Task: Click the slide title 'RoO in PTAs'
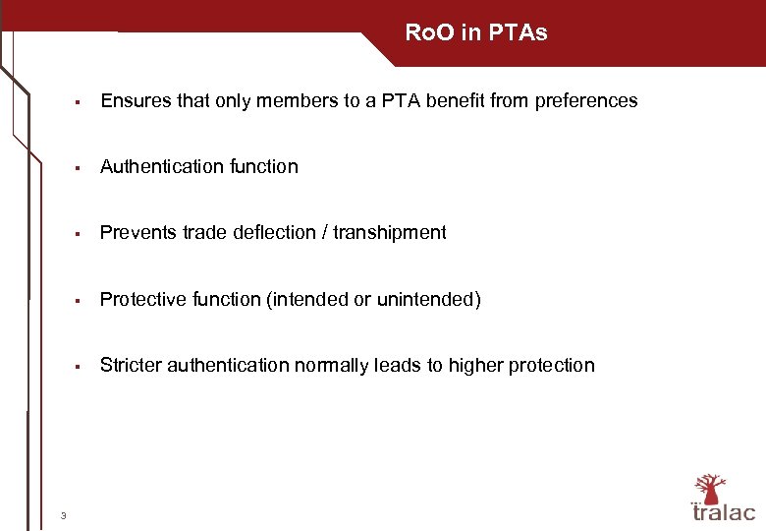[476, 32]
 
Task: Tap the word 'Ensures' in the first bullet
[134, 100]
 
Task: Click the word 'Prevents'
[137, 232]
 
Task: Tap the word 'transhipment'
[390, 232]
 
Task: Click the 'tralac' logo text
[724, 512]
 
